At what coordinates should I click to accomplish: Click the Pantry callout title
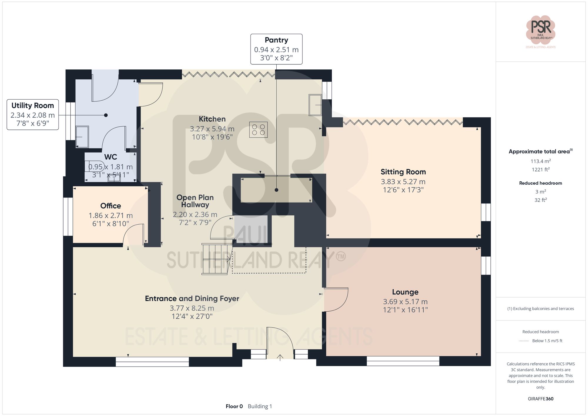pos(276,40)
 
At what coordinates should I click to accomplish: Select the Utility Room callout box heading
pos(33,106)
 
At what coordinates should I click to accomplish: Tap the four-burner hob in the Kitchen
pos(258,130)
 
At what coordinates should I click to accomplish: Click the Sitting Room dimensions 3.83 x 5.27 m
pos(403,182)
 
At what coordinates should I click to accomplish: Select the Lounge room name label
pos(405,292)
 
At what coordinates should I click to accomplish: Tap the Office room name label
pos(111,206)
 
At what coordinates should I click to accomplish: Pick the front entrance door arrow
pos(280,357)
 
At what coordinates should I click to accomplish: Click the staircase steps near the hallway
pos(215,259)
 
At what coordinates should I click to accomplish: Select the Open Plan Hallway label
pos(195,201)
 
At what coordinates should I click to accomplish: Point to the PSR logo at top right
pos(540,29)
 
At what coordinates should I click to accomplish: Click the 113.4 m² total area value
pos(540,161)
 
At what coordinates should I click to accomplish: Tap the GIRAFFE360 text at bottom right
pos(540,399)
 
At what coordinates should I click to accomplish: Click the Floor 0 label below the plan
pos(234,406)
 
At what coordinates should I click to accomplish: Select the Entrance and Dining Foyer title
pos(192,299)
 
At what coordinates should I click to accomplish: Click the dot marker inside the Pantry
pos(276,190)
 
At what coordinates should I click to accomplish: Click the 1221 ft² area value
pos(540,170)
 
